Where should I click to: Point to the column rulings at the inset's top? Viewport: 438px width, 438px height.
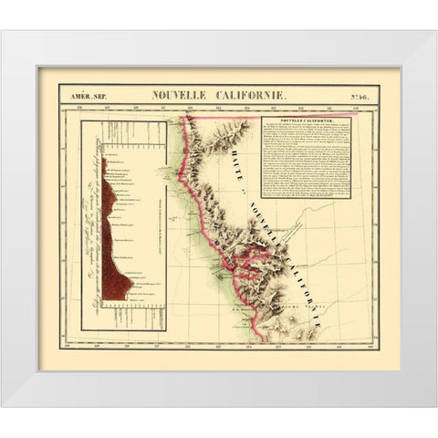[x=119, y=137]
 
